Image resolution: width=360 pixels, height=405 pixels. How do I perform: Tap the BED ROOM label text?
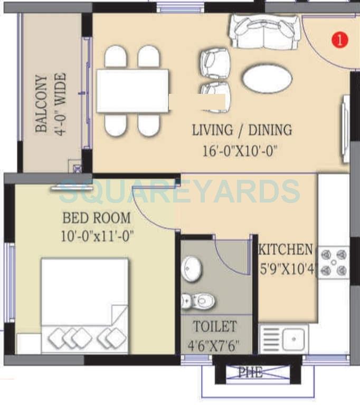[x=97, y=217]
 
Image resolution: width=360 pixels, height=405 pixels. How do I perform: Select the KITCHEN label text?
[x=285, y=249]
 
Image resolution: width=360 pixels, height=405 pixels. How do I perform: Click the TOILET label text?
[x=215, y=326]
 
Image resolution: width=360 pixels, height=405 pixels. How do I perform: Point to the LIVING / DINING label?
[x=242, y=130]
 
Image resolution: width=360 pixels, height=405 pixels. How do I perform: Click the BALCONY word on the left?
[x=41, y=104]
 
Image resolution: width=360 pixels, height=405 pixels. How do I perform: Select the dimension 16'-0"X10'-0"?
[x=240, y=152]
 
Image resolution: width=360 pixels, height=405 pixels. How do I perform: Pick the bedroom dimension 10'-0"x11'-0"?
[x=97, y=235]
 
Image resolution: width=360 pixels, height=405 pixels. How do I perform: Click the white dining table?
[x=132, y=91]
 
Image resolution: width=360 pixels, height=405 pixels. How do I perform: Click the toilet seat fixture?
[x=201, y=302]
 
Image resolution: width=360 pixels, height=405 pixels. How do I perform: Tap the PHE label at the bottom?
[x=250, y=373]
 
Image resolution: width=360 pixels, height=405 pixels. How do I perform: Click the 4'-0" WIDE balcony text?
[x=61, y=104]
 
